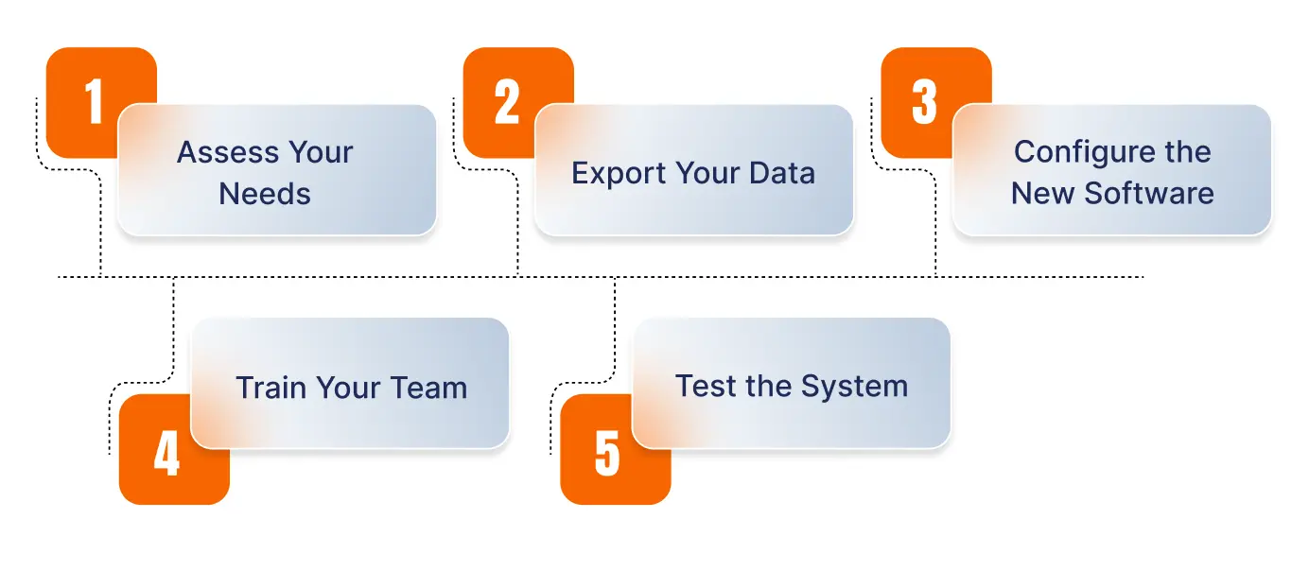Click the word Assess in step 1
coord(229,152)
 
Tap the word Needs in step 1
coord(265,194)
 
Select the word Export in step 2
coord(619,173)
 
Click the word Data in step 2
coord(782,173)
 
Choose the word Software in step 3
coord(1149,193)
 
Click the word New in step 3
coord(1043,193)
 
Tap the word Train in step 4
coord(271,388)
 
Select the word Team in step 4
coord(429,388)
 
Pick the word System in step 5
coord(854,387)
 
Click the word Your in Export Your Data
coord(708,173)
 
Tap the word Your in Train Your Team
coord(349,388)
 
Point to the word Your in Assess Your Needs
coord(321,152)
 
